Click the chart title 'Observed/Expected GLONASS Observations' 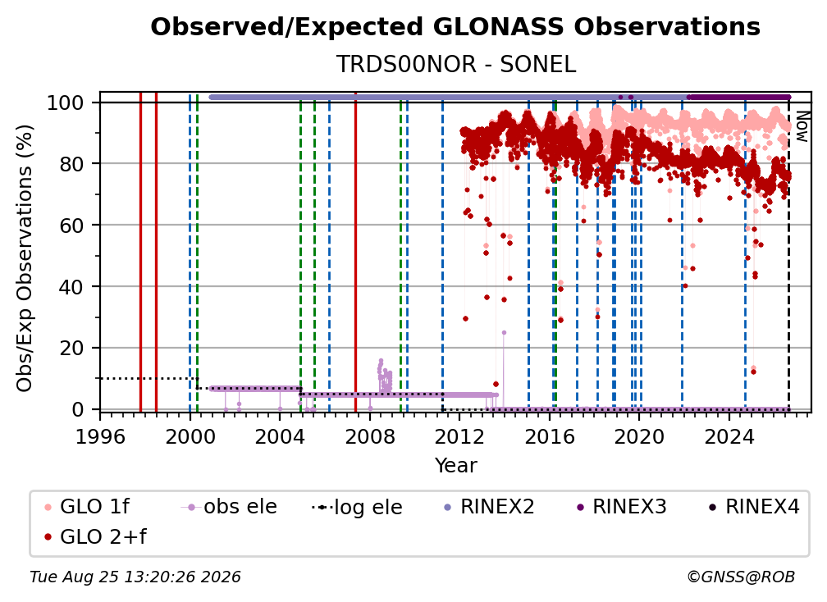point(455,27)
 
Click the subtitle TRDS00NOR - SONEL point(455,65)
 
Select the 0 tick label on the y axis point(77,409)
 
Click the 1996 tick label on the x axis point(100,437)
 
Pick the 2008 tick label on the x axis point(370,437)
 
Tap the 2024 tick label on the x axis point(729,437)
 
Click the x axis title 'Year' point(455,466)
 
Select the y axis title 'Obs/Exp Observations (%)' point(25,258)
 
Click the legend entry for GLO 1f point(87,507)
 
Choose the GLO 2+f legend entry point(95,536)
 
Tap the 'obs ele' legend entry point(228,507)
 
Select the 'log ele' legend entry point(357,507)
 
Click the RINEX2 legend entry point(489,507)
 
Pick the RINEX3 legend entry point(621,507)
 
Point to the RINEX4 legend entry point(754,507)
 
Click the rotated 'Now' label point(802,126)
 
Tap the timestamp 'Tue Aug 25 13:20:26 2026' point(135,577)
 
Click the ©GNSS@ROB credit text point(741,577)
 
